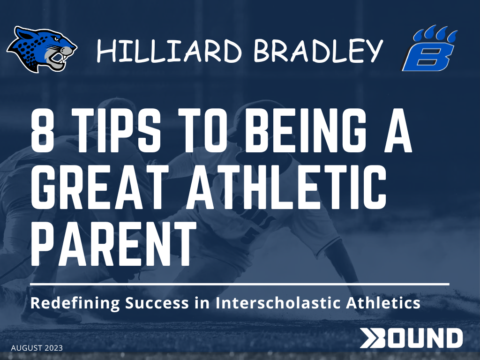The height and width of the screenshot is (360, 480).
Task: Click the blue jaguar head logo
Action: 42,49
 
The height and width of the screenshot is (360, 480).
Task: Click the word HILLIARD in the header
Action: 169,51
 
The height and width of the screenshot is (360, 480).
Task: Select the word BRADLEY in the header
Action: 318,51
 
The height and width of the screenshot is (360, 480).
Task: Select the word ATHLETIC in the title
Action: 286,187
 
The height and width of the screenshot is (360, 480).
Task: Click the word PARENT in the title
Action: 113,244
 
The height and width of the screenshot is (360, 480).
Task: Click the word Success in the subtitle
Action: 157,303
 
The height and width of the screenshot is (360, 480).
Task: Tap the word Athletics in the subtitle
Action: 383,303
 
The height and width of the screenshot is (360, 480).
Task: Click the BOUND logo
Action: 411,338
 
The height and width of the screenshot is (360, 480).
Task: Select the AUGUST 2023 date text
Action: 37,348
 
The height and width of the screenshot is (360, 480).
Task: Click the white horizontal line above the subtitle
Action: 240,285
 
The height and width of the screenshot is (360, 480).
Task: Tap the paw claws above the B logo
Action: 435,33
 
